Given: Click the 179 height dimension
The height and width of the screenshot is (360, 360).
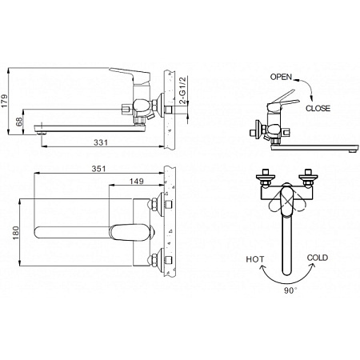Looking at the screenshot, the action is coord(5,101).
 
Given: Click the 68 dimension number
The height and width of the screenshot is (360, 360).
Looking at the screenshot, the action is coord(19,122).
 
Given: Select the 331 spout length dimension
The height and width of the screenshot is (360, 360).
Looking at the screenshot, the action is coord(101,142).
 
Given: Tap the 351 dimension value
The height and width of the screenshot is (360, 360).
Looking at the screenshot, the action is coord(98,169).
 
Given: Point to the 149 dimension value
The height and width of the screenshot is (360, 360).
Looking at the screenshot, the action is coord(137,181).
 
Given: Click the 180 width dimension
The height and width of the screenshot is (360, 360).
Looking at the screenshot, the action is coord(16,233).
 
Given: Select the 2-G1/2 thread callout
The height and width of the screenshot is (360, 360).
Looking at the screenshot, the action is coord(183,90).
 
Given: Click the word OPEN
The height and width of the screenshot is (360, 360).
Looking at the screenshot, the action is coord(281,77).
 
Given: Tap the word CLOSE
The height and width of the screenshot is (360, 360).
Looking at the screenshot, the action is coord(318,108).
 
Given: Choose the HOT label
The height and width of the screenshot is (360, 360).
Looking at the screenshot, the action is coord(255,259).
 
